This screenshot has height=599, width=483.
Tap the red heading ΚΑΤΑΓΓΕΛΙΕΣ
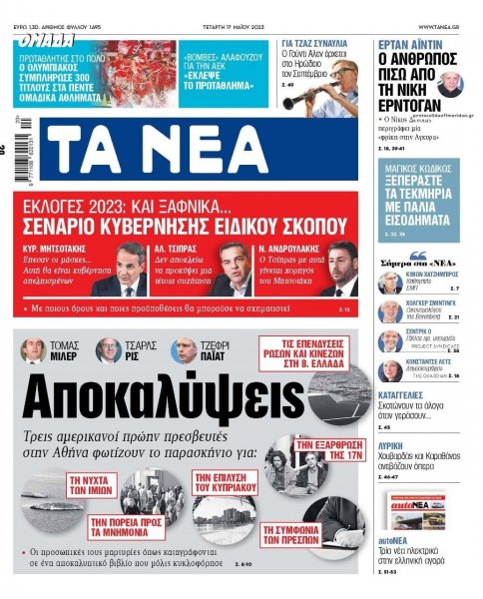(403, 395)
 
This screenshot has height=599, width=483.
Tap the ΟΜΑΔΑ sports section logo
(45, 42)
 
